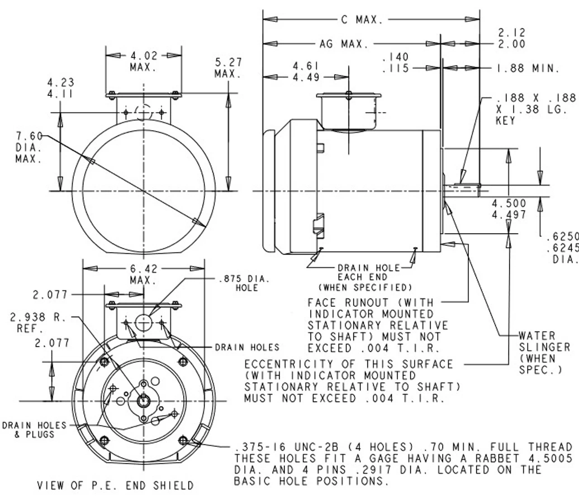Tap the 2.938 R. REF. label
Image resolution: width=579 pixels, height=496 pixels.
click(x=38, y=323)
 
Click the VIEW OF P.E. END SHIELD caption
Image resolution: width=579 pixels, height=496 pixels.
click(x=115, y=486)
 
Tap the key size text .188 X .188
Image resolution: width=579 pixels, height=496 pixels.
click(x=536, y=98)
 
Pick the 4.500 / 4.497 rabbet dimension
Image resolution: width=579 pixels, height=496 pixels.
click(x=509, y=209)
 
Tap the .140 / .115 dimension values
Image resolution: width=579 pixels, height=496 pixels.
click(x=395, y=62)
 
